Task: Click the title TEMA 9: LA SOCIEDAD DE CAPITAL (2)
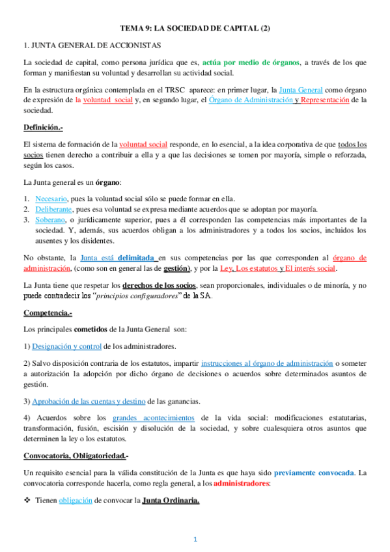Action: [195, 29]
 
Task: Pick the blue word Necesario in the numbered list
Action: [50, 199]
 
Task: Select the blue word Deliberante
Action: [53, 209]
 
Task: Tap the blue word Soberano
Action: [50, 220]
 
